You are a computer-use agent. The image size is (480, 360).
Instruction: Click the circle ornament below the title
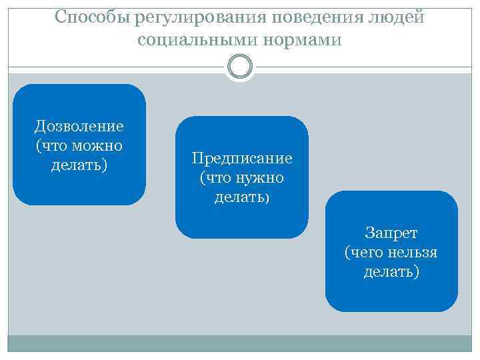[x=239, y=66]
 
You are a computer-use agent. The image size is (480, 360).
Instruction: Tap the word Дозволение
[x=79, y=126]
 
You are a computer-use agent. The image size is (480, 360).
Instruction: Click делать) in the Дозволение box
[x=79, y=163]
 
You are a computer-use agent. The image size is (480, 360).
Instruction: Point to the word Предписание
[x=242, y=159]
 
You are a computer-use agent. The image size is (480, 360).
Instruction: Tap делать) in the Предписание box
[x=242, y=197]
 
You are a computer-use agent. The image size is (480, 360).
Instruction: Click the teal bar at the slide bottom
[x=239, y=343]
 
